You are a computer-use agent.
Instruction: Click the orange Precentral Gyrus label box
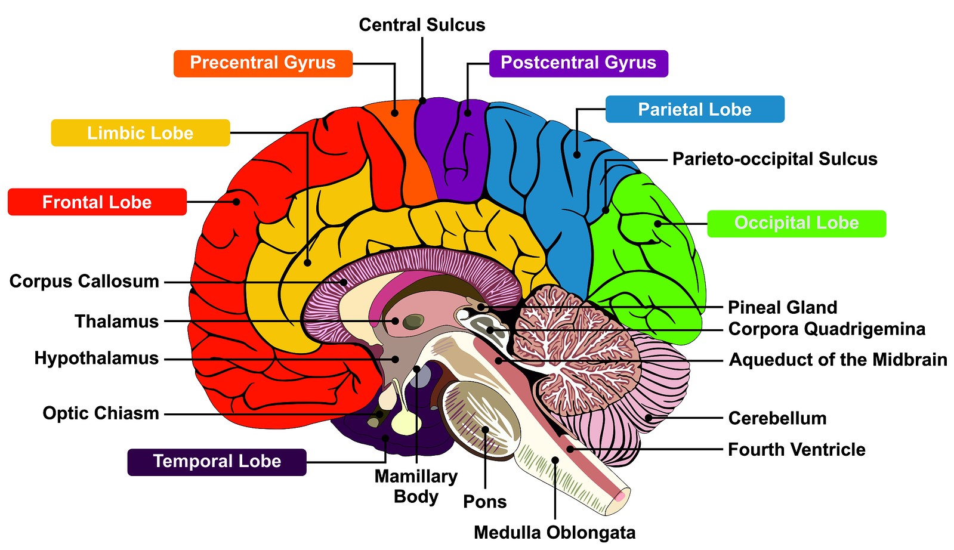tap(263, 63)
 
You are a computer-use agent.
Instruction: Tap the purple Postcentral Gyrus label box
tap(578, 63)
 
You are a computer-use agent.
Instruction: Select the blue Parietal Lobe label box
tap(694, 109)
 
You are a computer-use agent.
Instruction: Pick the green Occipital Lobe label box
tap(796, 223)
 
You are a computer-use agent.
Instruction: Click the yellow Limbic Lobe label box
tap(140, 132)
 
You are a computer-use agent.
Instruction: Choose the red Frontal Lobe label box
tap(97, 202)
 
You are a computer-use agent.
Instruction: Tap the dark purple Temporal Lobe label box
tap(217, 462)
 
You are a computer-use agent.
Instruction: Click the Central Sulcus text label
tap(422, 25)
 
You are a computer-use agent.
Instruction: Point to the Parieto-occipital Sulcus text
tap(774, 159)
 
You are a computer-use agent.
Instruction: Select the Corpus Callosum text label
tap(84, 282)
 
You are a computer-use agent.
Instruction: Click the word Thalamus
tap(116, 322)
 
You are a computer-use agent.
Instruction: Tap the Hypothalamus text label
tap(96, 359)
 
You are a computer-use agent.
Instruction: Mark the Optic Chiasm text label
tap(100, 413)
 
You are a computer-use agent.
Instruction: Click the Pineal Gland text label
tap(782, 308)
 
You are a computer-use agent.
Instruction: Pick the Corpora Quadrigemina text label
tap(826, 329)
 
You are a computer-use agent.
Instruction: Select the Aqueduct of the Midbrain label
tap(838, 360)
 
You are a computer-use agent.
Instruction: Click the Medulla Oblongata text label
tap(554, 533)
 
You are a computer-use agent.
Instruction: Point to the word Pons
tap(484, 502)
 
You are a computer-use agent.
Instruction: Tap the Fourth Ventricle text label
tap(796, 450)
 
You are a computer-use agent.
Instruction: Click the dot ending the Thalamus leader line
tap(395, 321)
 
